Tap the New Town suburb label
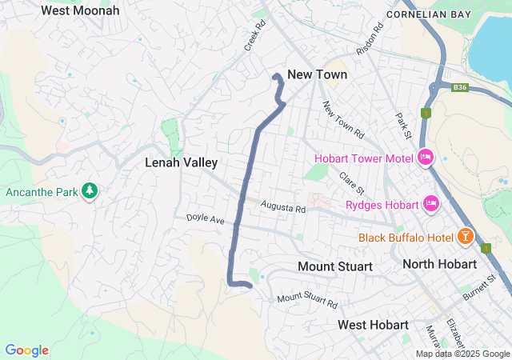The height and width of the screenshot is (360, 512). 317,74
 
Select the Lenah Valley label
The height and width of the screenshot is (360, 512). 181,162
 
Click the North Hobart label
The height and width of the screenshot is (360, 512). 439,264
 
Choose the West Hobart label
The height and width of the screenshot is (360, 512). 373,325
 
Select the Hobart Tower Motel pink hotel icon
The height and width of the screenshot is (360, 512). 426,158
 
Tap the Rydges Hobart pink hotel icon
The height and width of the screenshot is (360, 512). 432,205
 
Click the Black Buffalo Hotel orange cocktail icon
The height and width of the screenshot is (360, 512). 464,237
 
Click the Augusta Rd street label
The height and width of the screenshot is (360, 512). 283,208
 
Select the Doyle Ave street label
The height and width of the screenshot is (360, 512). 206,218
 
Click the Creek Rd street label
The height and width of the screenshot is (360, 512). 255,36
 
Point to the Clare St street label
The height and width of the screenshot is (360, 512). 351,184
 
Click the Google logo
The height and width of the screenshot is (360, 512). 26,350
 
